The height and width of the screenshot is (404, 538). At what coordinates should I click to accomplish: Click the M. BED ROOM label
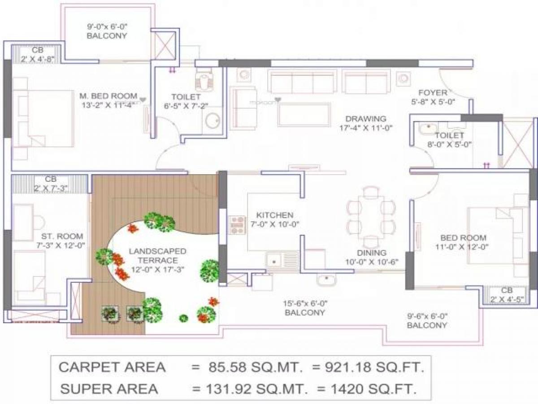[x=108, y=96]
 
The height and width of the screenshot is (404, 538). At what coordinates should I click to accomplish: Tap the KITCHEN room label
[x=275, y=215]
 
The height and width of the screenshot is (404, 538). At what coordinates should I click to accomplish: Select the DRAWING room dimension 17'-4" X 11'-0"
[x=366, y=127]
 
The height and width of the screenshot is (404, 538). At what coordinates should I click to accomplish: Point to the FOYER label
[x=433, y=93]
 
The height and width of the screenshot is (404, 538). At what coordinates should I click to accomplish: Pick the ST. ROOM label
[x=56, y=236]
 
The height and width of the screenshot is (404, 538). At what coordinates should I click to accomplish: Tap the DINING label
[x=372, y=253]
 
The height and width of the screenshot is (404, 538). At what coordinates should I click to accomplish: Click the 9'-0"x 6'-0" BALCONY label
[x=107, y=35]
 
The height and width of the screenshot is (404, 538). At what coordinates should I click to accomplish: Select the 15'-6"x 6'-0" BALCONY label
[x=304, y=312]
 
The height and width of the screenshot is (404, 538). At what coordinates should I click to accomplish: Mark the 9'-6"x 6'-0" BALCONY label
[x=427, y=325]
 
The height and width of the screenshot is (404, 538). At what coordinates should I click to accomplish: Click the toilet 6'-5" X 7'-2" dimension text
[x=186, y=106]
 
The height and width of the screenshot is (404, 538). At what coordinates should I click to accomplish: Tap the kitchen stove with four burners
[x=238, y=224]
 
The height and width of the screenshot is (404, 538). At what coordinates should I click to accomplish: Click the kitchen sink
[x=274, y=259]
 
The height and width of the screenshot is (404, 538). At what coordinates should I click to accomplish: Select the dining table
[x=371, y=214]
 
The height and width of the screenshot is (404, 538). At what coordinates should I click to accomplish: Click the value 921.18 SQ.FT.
[x=368, y=367]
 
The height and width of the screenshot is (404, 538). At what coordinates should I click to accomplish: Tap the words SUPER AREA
[x=109, y=388]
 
